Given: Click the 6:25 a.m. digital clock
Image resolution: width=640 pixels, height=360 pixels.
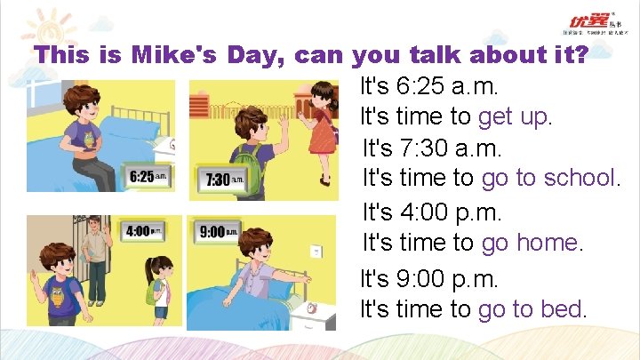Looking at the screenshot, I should (148, 176).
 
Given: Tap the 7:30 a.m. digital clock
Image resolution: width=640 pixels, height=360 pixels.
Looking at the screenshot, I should (222, 179).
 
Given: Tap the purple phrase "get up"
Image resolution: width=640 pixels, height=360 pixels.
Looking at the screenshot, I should (515, 116).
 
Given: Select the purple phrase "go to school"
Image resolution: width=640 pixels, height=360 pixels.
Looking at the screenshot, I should (548, 178).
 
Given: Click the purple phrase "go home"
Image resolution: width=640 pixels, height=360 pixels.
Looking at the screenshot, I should (531, 241).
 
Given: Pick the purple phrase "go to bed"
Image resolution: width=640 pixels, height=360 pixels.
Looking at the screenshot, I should (531, 309).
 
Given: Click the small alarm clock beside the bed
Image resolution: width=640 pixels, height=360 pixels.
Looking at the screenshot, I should (312, 308).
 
